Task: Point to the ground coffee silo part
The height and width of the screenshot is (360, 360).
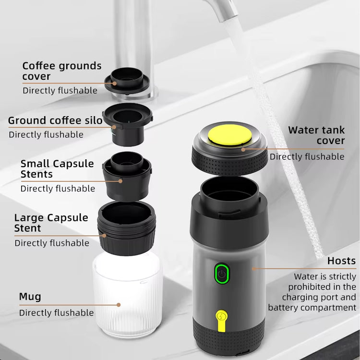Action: point(128,120)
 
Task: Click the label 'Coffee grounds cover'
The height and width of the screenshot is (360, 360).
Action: point(62,71)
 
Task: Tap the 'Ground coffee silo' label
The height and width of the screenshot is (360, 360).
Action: point(55,120)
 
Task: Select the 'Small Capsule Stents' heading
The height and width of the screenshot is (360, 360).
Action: point(57,168)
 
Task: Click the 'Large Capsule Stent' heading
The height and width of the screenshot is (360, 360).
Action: point(51,223)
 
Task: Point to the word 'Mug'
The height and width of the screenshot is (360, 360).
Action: point(30,296)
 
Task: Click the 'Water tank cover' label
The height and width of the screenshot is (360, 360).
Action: point(316,135)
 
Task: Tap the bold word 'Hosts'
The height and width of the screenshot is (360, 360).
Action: point(341,261)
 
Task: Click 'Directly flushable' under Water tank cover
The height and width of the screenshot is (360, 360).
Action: point(307,156)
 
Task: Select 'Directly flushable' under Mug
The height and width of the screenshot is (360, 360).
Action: point(56,312)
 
